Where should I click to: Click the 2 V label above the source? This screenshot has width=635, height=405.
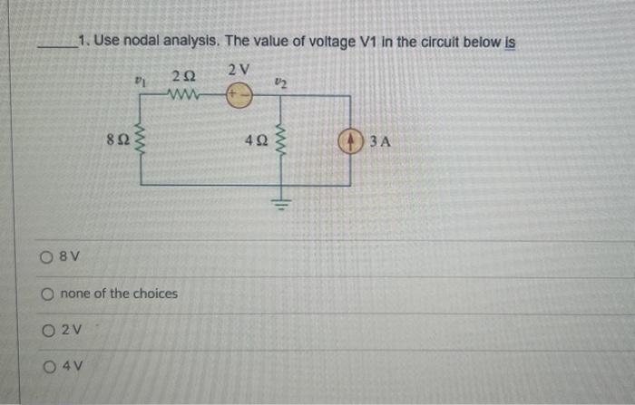point(239,71)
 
